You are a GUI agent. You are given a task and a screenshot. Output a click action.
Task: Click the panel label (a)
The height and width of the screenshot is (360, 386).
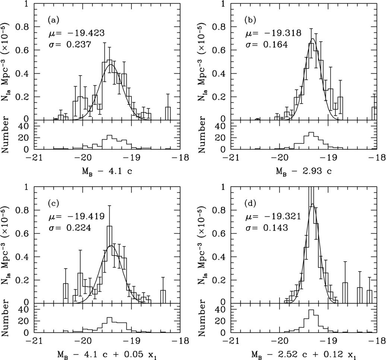point(54,19)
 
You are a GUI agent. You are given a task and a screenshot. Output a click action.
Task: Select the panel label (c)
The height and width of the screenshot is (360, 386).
point(54,203)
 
